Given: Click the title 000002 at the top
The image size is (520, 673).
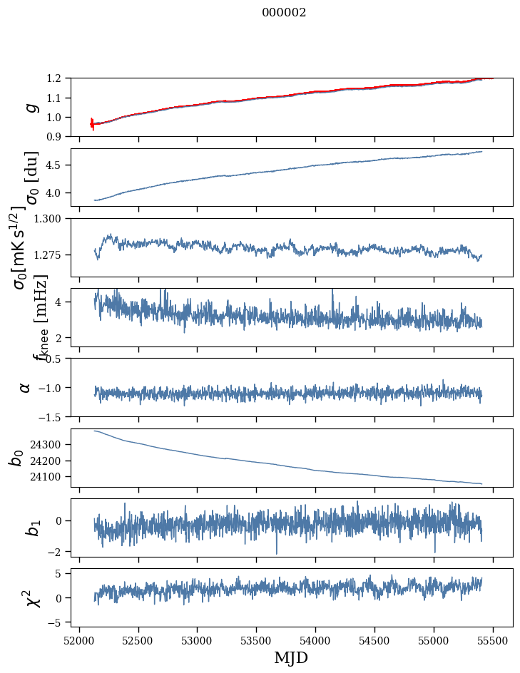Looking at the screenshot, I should click(284, 13).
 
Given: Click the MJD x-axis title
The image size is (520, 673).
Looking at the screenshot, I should click(291, 657).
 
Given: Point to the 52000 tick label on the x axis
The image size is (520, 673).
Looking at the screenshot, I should click(79, 639).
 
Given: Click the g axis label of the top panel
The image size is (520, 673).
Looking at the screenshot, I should click(31, 108).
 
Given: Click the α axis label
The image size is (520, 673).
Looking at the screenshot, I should click(26, 387).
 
